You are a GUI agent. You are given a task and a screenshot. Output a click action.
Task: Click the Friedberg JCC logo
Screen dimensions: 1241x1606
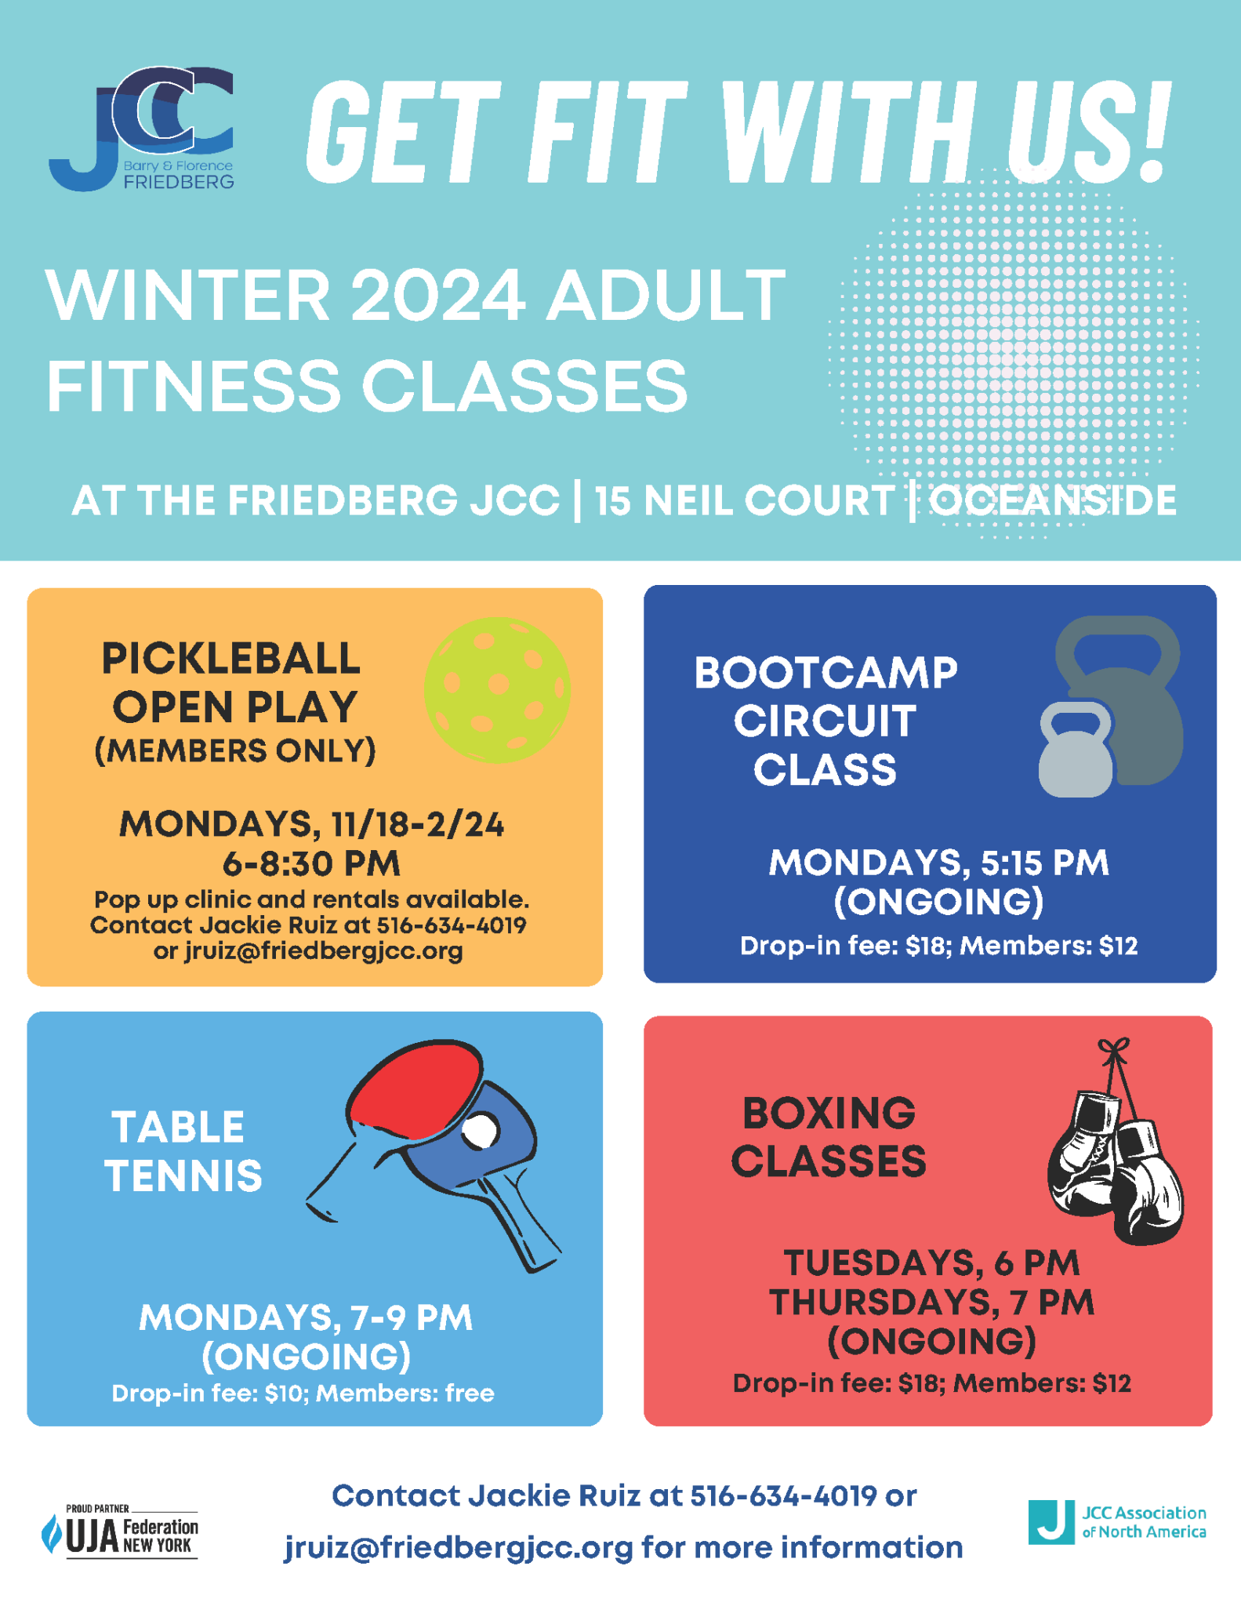141,129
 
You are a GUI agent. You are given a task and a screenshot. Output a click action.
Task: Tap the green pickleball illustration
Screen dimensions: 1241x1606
497,690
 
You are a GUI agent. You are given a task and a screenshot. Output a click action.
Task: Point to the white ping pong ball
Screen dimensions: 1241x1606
480,1132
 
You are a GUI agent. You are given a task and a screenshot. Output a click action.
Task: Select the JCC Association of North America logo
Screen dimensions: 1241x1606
1117,1522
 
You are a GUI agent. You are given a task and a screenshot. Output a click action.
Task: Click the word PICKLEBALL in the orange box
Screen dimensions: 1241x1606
231,659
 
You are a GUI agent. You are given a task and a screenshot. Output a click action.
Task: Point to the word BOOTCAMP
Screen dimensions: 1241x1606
826,673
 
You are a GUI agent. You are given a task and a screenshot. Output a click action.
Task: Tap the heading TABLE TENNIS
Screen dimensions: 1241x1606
183,1151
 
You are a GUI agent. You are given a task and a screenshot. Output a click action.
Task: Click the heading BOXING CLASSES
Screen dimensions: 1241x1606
829,1137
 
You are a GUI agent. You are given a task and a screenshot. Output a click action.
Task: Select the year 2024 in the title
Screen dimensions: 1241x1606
437,296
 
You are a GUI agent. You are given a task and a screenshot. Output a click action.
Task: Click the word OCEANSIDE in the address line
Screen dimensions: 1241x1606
1053,500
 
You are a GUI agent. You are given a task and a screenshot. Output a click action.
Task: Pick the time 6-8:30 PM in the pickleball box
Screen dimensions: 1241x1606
311,864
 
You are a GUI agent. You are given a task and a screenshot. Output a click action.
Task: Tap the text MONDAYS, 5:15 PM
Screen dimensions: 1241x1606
938,863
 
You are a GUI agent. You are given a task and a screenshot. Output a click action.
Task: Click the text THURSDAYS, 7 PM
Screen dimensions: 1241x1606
931,1303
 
